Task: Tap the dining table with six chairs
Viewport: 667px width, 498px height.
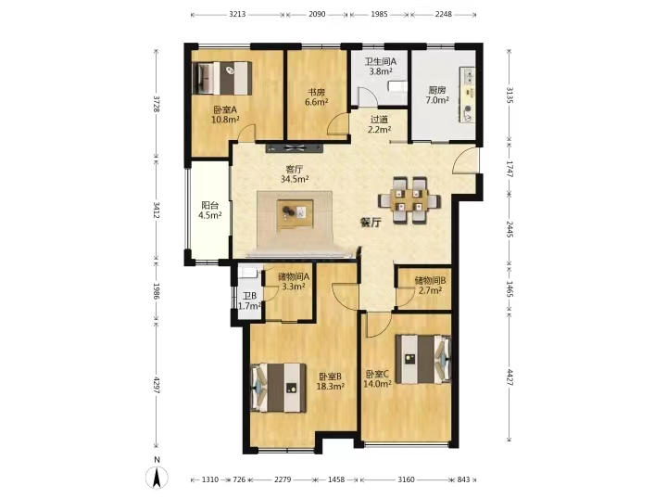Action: click(409, 200)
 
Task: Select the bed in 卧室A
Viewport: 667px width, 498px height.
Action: click(221, 78)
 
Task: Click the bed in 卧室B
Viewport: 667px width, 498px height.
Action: click(278, 388)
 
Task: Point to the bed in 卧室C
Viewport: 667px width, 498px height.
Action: click(422, 359)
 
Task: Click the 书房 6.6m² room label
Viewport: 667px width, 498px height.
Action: click(316, 96)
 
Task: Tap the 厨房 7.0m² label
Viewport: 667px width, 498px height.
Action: click(437, 95)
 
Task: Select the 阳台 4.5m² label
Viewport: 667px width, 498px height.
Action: click(209, 211)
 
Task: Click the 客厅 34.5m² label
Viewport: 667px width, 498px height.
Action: click(295, 174)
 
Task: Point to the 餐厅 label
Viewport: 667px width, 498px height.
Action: click(371, 223)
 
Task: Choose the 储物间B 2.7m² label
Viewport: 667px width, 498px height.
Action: click(430, 286)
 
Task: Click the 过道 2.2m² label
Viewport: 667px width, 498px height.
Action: click(379, 124)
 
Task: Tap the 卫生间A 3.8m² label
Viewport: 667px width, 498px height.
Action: click(381, 67)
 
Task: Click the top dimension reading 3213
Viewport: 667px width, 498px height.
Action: click(237, 14)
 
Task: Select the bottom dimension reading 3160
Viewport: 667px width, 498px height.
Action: click(406, 479)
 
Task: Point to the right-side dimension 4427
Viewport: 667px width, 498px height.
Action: click(510, 377)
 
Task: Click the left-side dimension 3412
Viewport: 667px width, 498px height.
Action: click(157, 210)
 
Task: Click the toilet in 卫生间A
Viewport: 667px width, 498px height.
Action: click(397, 86)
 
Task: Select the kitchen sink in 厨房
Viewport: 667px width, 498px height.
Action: click(469, 76)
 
